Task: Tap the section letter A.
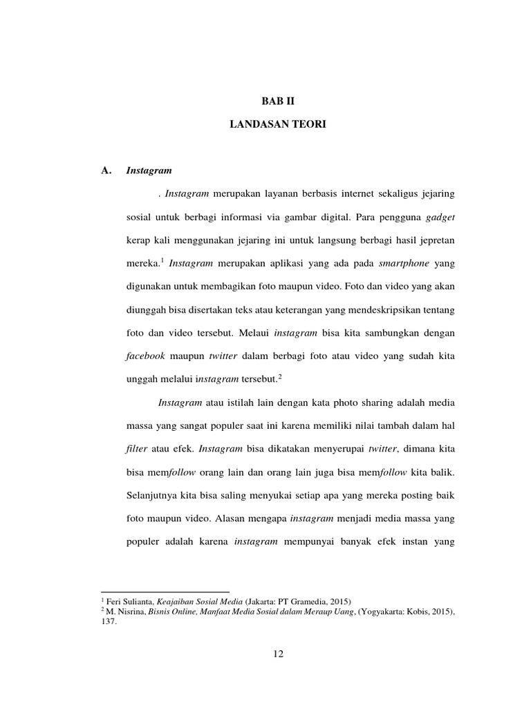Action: (106, 170)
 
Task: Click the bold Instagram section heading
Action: (149, 170)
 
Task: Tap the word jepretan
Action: (433, 240)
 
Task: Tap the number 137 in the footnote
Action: (109, 621)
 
